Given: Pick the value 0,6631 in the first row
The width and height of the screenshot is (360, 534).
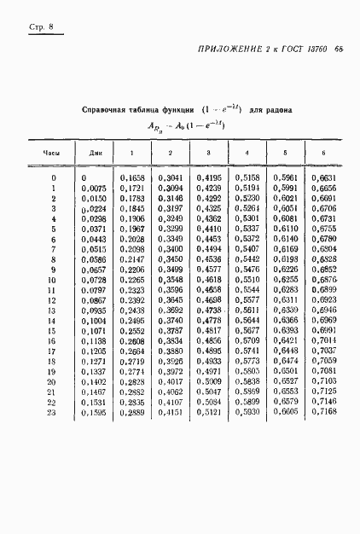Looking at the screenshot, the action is click(x=323, y=177).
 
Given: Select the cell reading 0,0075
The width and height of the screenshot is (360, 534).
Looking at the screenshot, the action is click(x=94, y=188).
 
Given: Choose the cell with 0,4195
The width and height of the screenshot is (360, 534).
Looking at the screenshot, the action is click(x=208, y=177).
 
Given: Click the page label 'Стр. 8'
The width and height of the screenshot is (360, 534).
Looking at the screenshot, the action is click(x=40, y=29).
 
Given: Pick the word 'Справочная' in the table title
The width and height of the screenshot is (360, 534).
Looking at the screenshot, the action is click(x=104, y=110).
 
